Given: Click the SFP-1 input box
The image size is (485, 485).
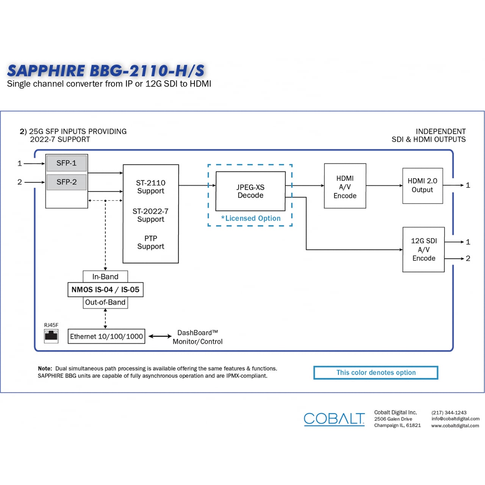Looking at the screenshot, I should [x=66, y=163].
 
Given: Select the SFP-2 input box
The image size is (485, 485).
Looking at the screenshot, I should [x=66, y=182].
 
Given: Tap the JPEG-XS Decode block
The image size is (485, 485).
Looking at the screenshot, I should [x=250, y=191].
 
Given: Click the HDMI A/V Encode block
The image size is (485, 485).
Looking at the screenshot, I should [x=345, y=186].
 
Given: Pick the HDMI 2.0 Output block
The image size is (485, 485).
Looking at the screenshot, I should [x=422, y=186].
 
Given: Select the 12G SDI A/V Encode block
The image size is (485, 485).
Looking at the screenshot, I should [x=424, y=250].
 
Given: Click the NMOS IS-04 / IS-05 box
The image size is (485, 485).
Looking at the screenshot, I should [x=105, y=290].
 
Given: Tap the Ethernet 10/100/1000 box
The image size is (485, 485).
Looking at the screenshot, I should [x=106, y=336].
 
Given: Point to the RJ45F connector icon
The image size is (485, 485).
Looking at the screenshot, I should [x=51, y=336].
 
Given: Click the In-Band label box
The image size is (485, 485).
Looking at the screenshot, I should [x=105, y=277].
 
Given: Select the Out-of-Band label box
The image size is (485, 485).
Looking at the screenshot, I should [x=105, y=302].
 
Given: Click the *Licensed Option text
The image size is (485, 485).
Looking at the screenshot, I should [x=251, y=219].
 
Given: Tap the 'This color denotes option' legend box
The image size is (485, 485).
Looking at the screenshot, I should [x=376, y=373].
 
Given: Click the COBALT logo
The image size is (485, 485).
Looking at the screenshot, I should [x=334, y=419].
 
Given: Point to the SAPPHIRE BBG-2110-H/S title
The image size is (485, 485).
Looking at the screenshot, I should [x=106, y=71].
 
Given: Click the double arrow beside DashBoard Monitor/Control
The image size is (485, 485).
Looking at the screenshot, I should [x=160, y=336].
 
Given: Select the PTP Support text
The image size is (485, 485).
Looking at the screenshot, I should [x=150, y=242].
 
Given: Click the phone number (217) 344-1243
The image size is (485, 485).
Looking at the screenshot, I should [x=449, y=413].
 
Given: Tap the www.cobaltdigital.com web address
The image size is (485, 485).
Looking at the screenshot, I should [x=455, y=426].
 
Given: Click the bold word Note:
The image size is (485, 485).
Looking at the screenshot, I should [x=45, y=369].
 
